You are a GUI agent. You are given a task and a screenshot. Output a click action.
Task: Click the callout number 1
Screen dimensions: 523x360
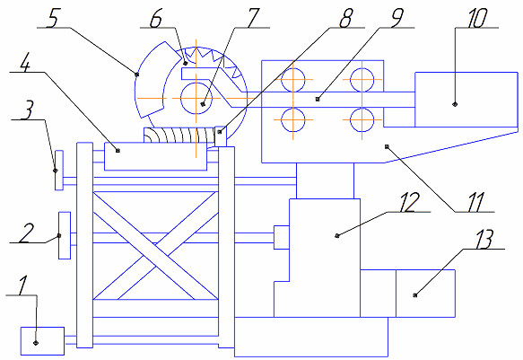(x=22, y=285)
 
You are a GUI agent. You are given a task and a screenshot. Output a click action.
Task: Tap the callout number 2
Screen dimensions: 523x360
(x=26, y=233)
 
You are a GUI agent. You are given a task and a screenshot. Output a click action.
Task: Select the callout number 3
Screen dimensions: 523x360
(x=27, y=110)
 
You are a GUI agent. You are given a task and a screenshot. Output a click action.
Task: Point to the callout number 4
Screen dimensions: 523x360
(x=25, y=62)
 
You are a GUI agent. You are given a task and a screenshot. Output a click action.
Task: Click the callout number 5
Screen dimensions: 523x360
(x=52, y=18)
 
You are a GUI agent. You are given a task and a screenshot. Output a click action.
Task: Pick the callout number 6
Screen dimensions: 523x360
(x=155, y=18)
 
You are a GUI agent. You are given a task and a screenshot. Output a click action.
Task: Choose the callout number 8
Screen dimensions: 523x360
(x=345, y=18)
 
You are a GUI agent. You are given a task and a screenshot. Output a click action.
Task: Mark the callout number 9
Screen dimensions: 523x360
(x=397, y=18)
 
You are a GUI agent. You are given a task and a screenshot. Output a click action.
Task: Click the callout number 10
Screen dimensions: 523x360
(x=477, y=18)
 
